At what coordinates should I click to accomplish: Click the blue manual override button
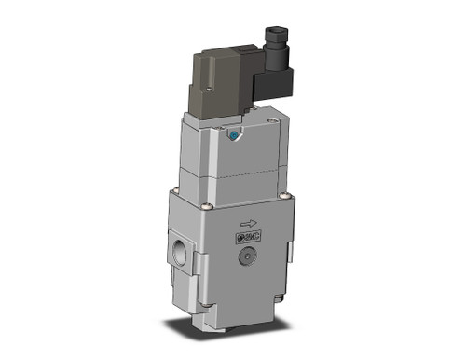pos(231,137)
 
